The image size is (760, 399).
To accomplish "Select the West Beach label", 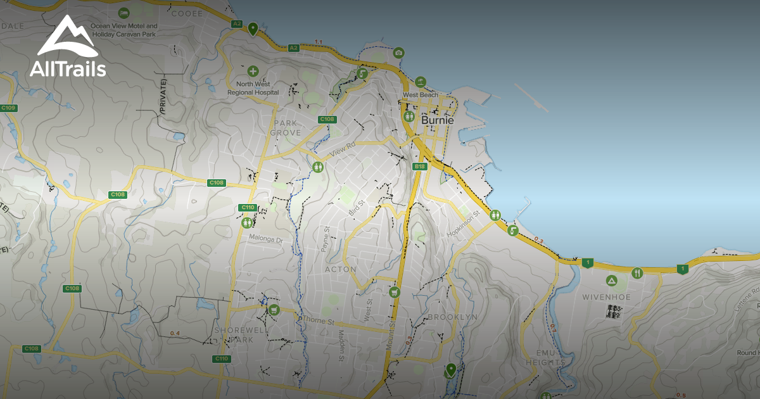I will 420,95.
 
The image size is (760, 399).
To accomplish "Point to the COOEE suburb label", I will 187,13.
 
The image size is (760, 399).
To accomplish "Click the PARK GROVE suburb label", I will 286,128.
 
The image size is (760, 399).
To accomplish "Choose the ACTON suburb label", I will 340,269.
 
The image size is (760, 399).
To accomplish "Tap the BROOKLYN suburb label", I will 452,317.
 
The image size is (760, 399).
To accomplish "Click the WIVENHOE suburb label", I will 612,294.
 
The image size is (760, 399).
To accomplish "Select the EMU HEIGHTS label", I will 545,357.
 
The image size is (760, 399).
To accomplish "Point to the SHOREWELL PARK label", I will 234,335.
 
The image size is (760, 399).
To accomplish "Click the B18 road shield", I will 419,167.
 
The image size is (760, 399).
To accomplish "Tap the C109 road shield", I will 8,108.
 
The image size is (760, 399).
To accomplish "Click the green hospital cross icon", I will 253,72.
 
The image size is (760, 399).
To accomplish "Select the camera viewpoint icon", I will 398,53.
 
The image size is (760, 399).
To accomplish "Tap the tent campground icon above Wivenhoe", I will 612,280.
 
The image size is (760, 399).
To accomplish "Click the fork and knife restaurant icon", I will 638,273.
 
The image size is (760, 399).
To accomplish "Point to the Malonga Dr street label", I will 265,240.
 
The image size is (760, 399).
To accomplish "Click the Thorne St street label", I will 318,321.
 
